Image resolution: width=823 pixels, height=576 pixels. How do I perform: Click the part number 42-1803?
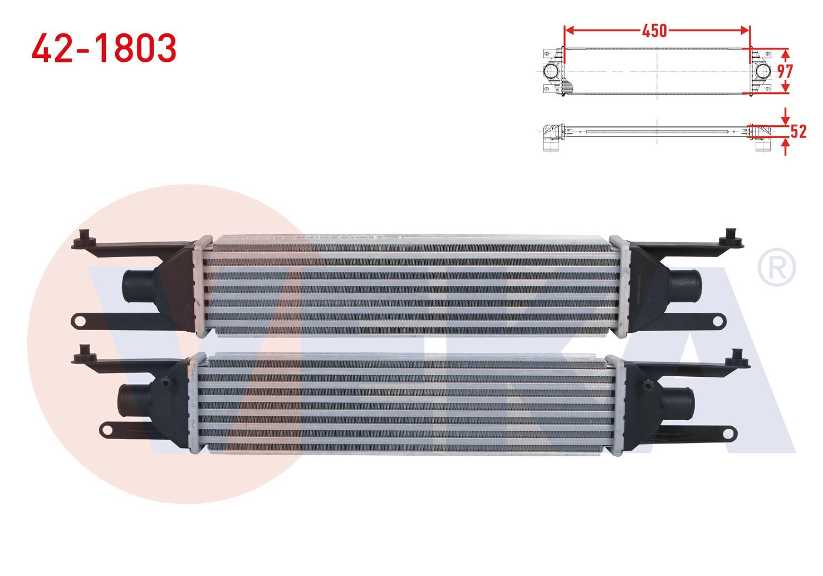point(104,48)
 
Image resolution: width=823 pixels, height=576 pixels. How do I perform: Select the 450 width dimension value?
point(654,31)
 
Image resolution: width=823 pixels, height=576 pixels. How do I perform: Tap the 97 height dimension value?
point(785,71)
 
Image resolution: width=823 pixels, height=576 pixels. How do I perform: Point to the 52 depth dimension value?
point(798,131)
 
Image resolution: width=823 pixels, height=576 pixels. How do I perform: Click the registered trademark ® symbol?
point(777,268)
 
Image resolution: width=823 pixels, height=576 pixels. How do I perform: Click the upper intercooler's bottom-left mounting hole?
point(80,321)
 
